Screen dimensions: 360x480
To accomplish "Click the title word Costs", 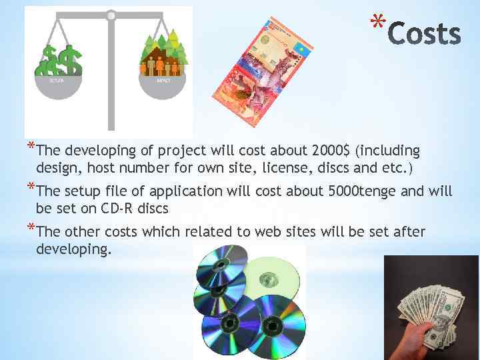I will [424, 34].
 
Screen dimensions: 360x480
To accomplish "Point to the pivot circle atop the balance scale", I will [111, 15].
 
